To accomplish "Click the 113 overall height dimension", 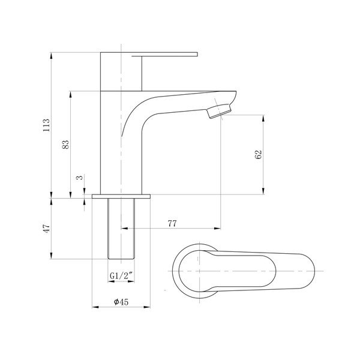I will tap(46, 125).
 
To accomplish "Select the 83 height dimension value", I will tap(66, 144).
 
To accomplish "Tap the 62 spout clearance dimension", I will tap(259, 154).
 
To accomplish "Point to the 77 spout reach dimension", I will tap(172, 223).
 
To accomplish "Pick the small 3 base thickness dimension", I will tap(79, 178).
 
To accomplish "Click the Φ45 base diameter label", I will tap(122, 303).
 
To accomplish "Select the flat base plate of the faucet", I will tap(121, 196).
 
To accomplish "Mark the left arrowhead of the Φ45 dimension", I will tap(95, 308).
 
